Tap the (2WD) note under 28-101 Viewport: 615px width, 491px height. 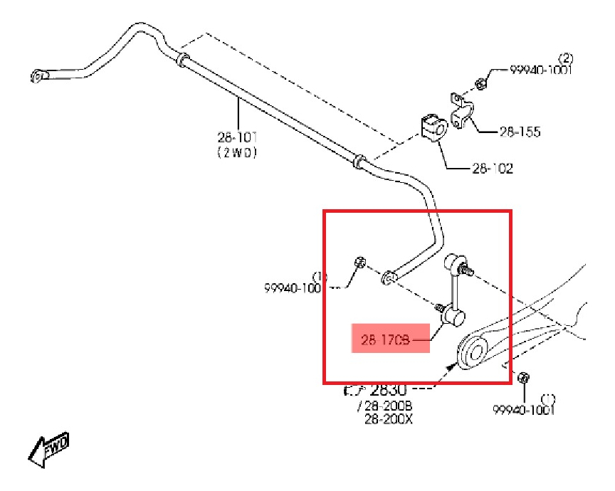point(237,152)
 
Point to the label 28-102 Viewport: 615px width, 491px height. point(492,169)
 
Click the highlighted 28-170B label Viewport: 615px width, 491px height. point(386,341)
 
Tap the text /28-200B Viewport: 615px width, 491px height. point(385,406)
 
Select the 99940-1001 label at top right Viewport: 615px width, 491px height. point(540,70)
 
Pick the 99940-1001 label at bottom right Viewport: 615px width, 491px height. point(523,409)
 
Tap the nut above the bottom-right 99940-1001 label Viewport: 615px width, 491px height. point(523,377)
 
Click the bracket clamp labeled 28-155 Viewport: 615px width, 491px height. point(461,111)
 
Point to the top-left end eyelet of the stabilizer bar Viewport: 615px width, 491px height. point(40,75)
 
